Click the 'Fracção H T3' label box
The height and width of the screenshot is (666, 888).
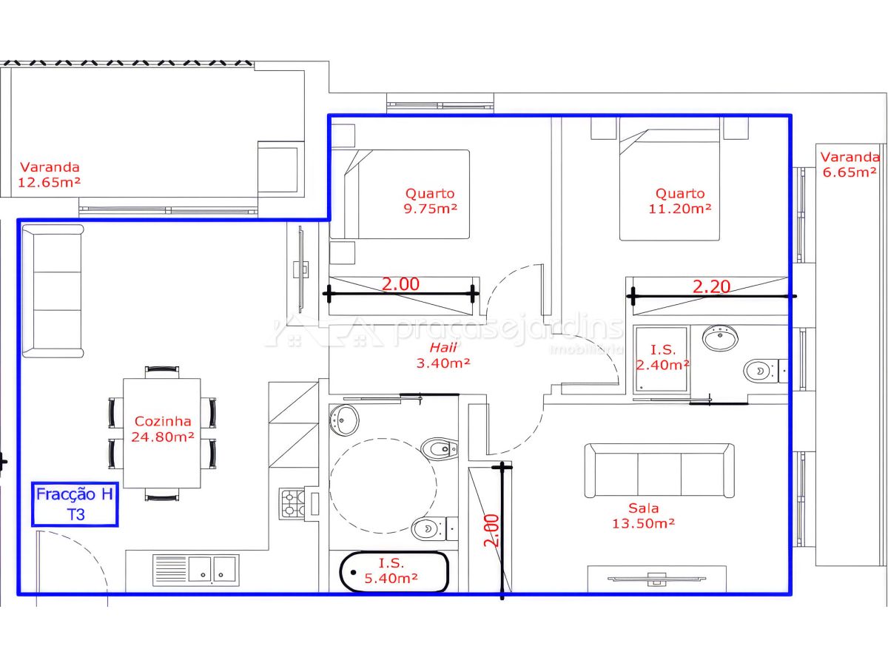coord(75,504)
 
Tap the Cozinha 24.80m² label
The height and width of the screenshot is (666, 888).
coord(162,429)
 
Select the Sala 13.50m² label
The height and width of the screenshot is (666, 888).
coord(643,516)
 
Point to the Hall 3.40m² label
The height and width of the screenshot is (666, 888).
coord(443,355)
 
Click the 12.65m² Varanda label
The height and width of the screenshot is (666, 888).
coord(50,175)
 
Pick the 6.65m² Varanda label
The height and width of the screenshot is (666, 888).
coord(850,164)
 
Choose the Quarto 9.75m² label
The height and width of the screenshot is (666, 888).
coord(430,201)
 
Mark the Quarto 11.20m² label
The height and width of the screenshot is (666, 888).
coord(679,201)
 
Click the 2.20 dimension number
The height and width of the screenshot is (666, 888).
coord(711,286)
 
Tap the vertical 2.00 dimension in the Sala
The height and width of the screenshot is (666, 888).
coord(491,531)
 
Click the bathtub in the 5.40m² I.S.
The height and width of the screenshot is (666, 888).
coord(394,572)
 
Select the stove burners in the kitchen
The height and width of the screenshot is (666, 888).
coord(292,503)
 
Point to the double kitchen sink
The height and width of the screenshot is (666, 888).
coord(212,570)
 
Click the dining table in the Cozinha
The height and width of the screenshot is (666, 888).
coord(162,433)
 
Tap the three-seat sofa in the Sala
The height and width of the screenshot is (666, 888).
coord(659,471)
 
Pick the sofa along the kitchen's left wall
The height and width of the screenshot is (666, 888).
coord(53,291)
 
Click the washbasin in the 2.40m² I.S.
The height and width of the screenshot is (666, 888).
coord(720,337)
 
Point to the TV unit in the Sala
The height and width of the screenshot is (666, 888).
coord(656,579)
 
